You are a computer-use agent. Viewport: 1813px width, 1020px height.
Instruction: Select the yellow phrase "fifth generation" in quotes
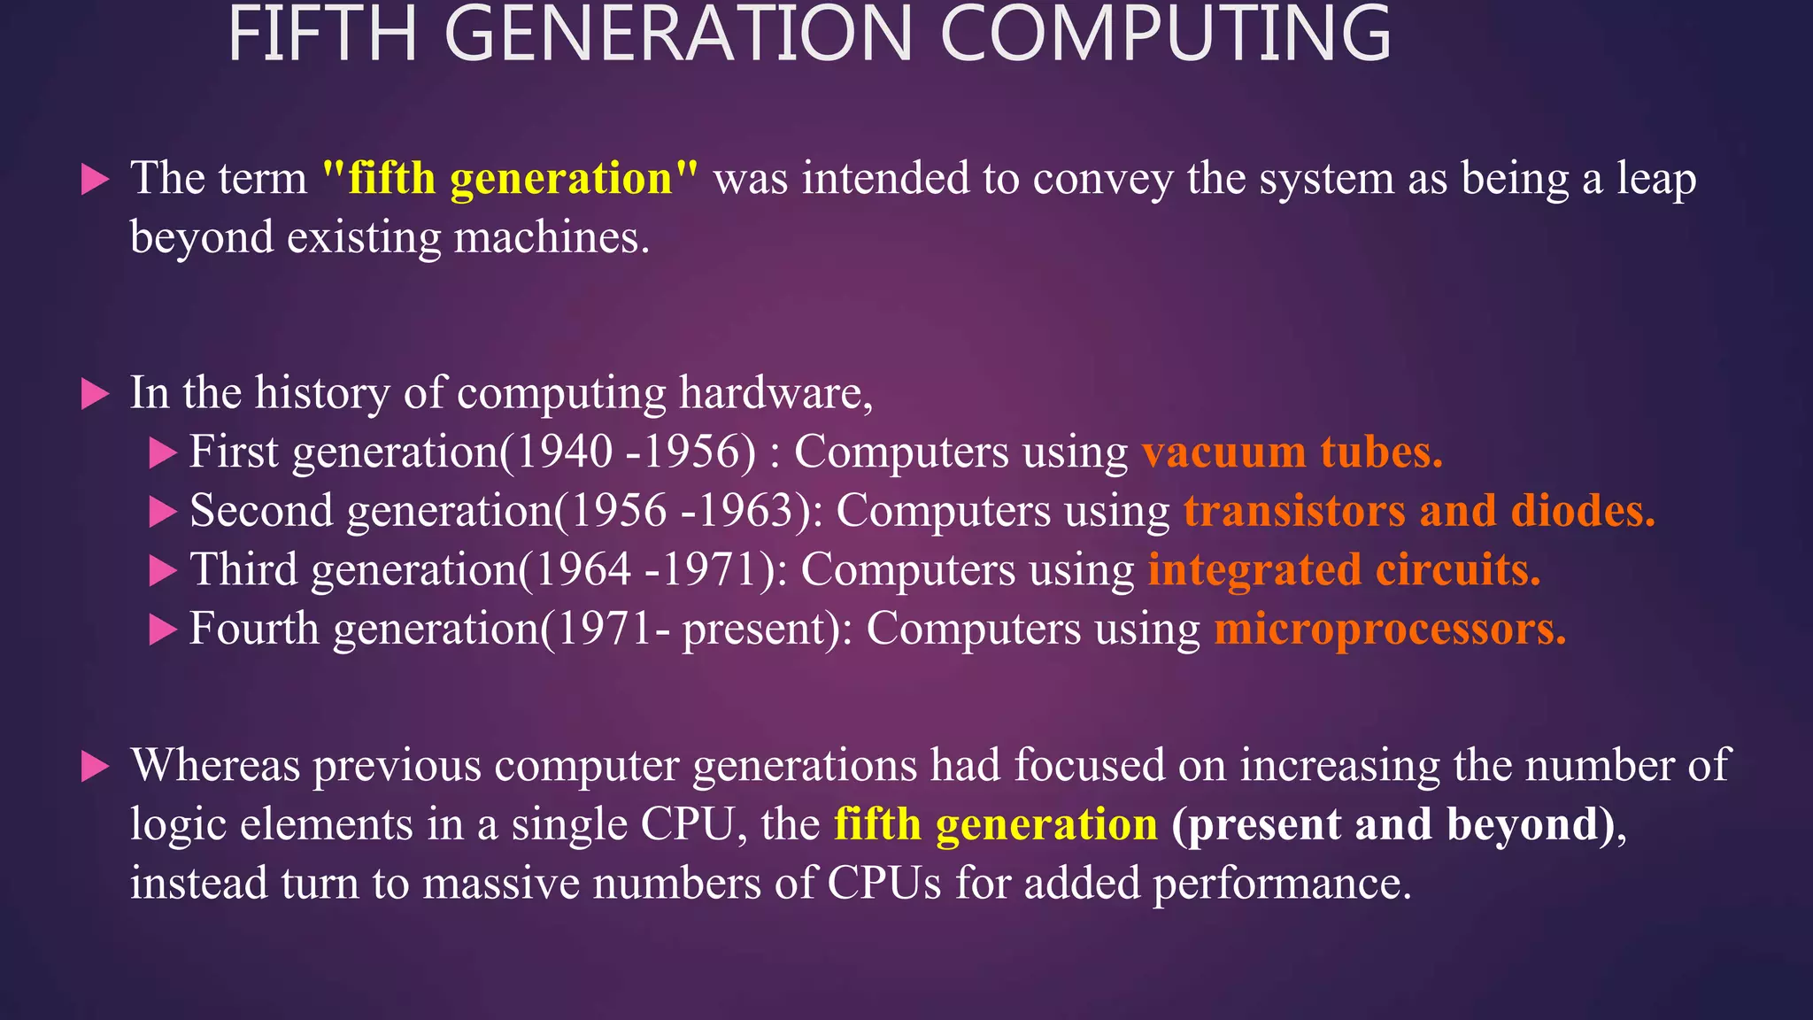coord(510,179)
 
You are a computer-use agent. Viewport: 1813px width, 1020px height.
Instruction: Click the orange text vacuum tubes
coord(1292,452)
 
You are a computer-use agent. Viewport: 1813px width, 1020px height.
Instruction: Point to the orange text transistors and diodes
coord(1419,512)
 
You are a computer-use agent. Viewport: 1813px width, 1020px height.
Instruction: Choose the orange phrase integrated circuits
coord(1344,570)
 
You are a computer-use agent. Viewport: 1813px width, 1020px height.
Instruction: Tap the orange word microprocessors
coord(1390,630)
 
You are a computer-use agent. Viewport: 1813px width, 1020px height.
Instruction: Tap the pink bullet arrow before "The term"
coord(95,180)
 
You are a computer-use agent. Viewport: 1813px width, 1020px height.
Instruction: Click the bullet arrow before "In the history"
coord(95,394)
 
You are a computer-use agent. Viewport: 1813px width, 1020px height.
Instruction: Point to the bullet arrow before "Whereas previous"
coord(95,767)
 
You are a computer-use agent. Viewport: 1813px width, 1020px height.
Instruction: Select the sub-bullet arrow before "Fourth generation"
coord(163,630)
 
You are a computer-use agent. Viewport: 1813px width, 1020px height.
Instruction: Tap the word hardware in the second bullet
coord(775,394)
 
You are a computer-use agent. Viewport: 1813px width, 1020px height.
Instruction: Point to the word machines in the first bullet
coord(551,238)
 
